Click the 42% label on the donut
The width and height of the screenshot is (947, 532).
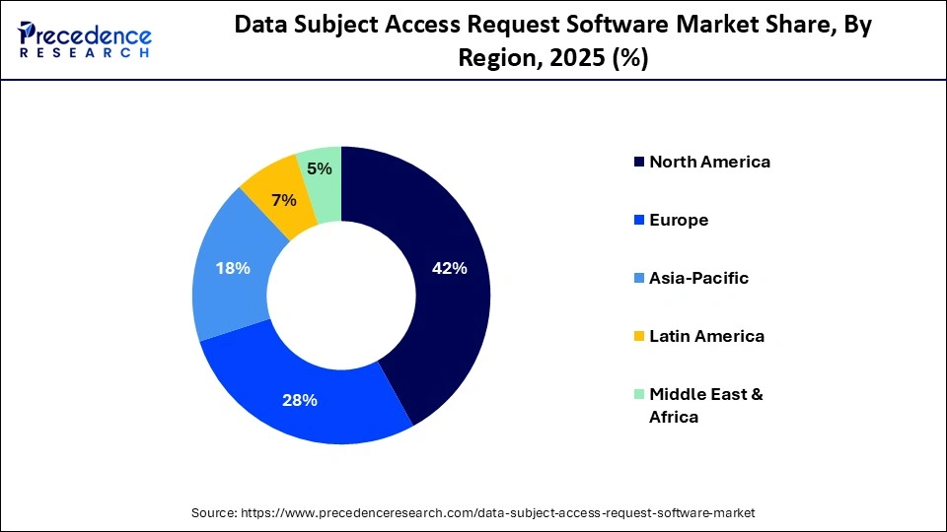[x=449, y=268]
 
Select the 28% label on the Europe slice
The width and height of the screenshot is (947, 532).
[x=300, y=400]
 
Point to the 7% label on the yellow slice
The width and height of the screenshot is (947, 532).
[x=284, y=200]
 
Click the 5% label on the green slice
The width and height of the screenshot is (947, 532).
[x=319, y=168]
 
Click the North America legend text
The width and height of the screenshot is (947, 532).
[x=709, y=162]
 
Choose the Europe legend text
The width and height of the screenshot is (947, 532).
[x=679, y=220]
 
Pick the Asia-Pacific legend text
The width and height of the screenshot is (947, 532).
[x=698, y=278]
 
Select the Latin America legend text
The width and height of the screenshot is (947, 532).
[x=706, y=336]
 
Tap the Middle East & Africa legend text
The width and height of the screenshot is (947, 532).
[x=705, y=405]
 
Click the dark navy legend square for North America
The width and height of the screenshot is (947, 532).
[x=637, y=163]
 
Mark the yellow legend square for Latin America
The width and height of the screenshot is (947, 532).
[x=637, y=337]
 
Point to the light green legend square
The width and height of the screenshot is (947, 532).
[x=637, y=395]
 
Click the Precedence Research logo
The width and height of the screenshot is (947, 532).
[x=84, y=39]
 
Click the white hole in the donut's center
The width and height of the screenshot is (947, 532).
[x=340, y=294]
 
